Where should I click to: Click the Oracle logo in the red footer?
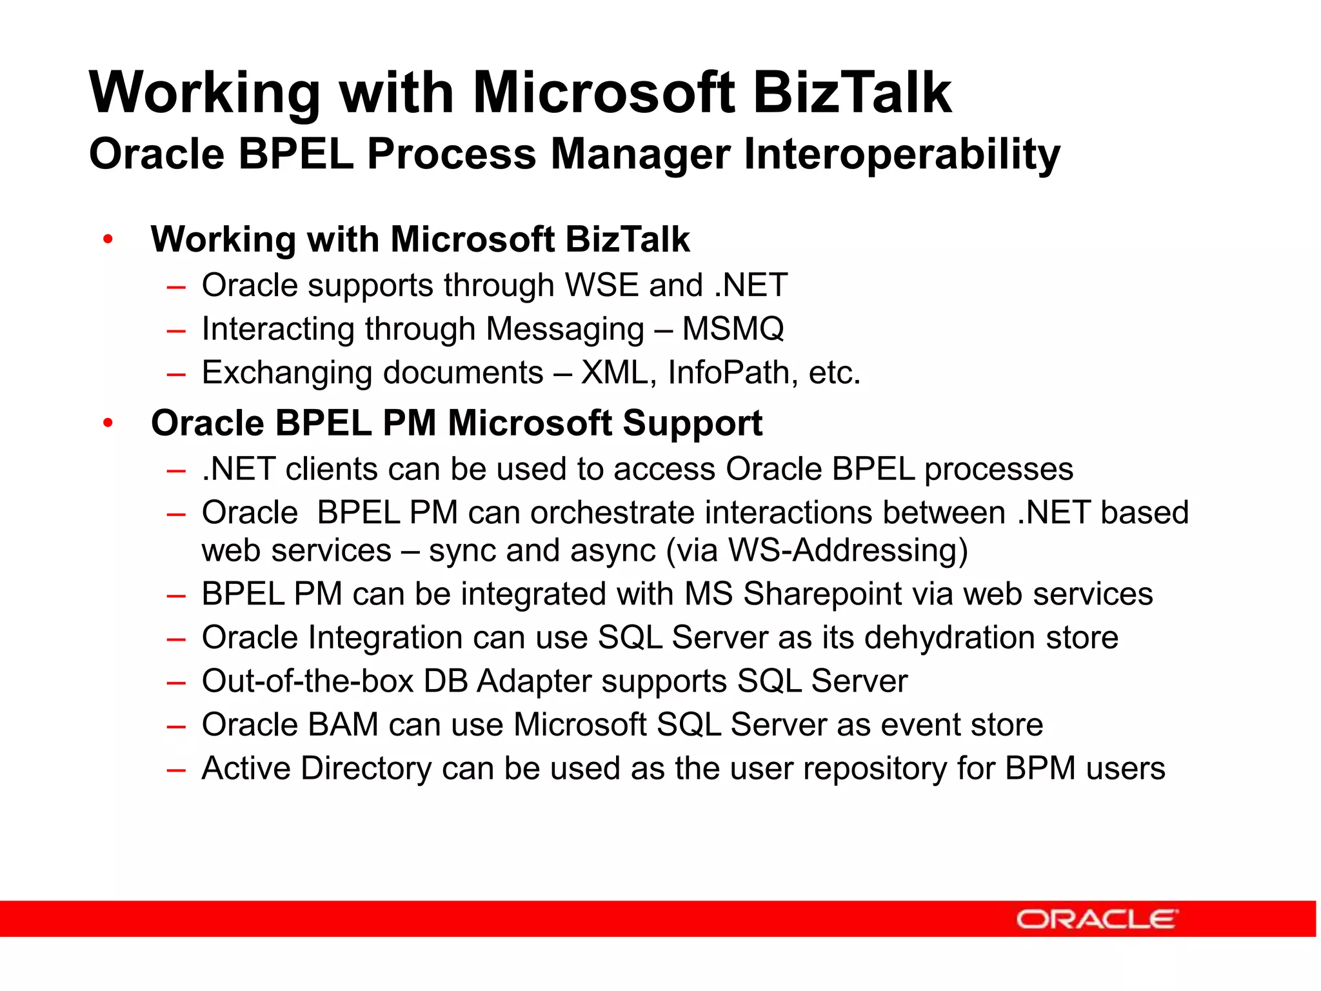point(1097,919)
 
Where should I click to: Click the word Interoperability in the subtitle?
point(902,155)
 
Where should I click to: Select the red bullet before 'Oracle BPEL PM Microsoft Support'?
point(108,423)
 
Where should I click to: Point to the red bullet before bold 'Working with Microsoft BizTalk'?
point(108,240)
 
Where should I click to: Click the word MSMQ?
point(733,329)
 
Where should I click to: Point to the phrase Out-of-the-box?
point(307,681)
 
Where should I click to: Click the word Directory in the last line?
point(366,768)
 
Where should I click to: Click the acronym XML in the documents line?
point(614,373)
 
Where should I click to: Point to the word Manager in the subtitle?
point(640,155)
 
